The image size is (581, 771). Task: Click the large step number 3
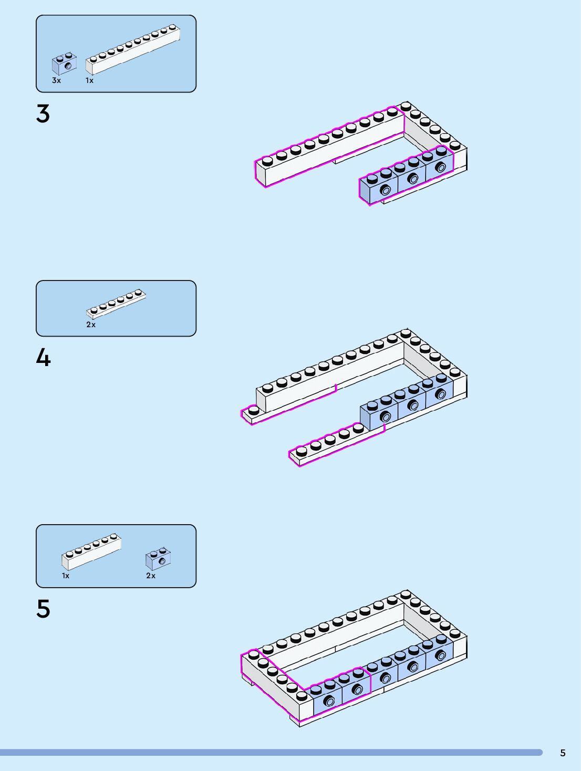pos(43,113)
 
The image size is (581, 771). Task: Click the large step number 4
pos(43,358)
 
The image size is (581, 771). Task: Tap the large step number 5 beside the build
pos(43,609)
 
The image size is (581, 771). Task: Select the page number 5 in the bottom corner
pos(563,753)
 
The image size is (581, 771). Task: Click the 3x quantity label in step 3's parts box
pos(56,80)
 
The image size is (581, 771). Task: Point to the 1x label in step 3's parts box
pos(90,80)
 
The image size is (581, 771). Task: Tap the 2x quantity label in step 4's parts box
pos(91,325)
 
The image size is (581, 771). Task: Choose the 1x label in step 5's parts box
pos(66,576)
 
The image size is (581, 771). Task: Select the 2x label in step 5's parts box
pos(151,576)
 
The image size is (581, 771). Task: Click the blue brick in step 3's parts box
pos(64,64)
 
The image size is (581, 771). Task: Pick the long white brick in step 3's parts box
pos(133,49)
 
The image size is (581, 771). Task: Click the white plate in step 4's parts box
pos(116,301)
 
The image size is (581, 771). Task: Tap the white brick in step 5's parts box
pos(92,552)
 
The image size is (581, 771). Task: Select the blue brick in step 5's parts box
pos(159,559)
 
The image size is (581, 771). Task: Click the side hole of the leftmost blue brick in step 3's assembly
pos(386,190)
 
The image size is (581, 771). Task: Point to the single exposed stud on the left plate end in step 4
pos(254,410)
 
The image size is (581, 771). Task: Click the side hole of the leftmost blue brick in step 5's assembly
pos(329,701)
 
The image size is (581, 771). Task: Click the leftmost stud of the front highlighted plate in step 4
pos(302,451)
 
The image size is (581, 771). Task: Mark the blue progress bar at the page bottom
pos(271,753)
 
